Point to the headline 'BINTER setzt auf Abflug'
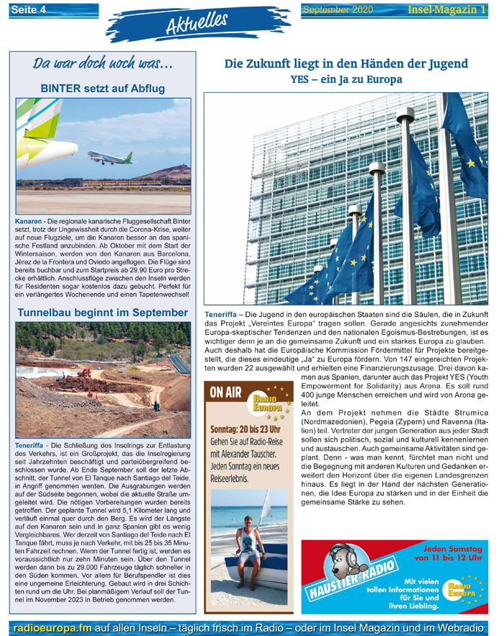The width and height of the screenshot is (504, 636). tap(103, 89)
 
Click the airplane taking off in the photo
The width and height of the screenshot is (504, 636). tap(110, 156)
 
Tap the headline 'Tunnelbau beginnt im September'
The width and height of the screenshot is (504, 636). tap(102, 313)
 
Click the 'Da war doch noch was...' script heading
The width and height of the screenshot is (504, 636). tap(102, 64)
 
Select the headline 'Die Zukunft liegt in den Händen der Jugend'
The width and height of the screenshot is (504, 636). tap(346, 63)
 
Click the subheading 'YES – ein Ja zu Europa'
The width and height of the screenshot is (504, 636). tap(346, 79)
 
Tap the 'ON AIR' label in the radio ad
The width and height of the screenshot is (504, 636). tap(225, 393)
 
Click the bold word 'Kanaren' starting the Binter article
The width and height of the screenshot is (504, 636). tap(29, 219)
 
